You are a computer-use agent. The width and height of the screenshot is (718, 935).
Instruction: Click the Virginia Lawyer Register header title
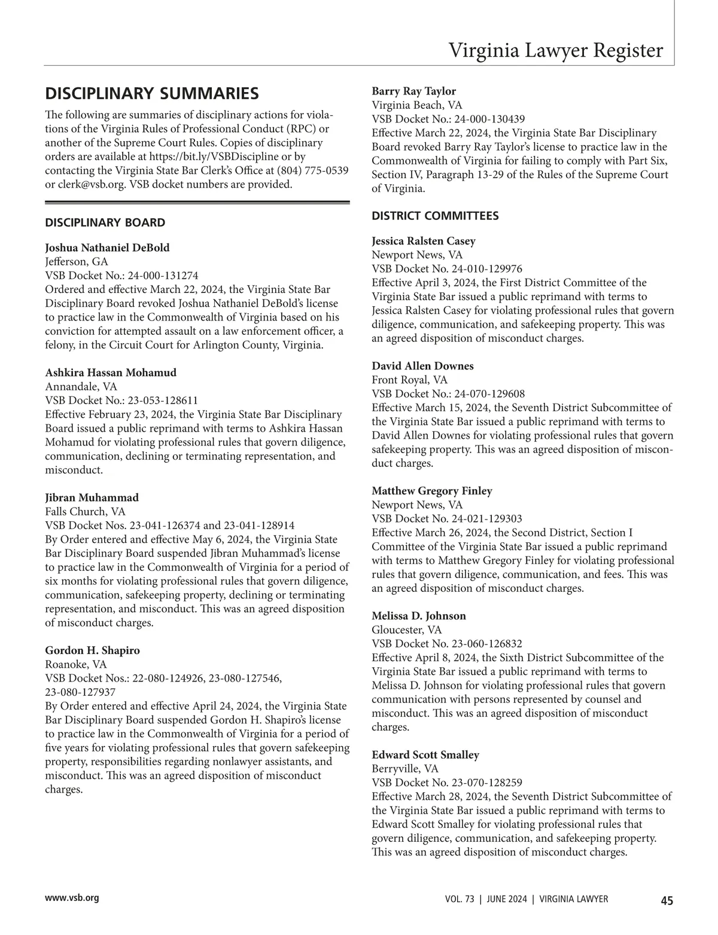(x=556, y=50)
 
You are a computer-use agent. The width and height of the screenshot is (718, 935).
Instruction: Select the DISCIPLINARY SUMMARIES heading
(x=153, y=94)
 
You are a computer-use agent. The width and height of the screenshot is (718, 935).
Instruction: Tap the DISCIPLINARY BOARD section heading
(x=105, y=223)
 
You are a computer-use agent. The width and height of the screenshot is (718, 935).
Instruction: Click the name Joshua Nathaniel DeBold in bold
(x=108, y=247)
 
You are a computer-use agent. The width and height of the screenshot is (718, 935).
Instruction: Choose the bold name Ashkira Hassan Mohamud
(x=111, y=372)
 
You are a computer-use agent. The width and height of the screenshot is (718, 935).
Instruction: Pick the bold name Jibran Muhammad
(x=92, y=497)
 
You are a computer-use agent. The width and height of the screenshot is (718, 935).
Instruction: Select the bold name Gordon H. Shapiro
(x=93, y=650)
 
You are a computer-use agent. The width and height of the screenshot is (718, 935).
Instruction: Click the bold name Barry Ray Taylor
(x=414, y=91)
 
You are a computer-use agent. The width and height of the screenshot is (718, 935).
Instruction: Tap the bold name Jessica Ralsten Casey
(x=424, y=241)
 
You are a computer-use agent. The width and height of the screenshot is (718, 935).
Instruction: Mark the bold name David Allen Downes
(x=422, y=366)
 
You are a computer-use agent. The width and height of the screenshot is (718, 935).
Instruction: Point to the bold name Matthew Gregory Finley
(x=432, y=491)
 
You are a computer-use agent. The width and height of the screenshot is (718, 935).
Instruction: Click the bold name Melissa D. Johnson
(x=419, y=616)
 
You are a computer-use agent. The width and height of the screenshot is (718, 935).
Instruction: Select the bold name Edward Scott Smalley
(x=425, y=755)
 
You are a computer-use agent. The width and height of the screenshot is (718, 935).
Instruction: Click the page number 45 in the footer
(x=667, y=900)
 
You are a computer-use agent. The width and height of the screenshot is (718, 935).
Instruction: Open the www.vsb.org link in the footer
(x=72, y=898)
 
